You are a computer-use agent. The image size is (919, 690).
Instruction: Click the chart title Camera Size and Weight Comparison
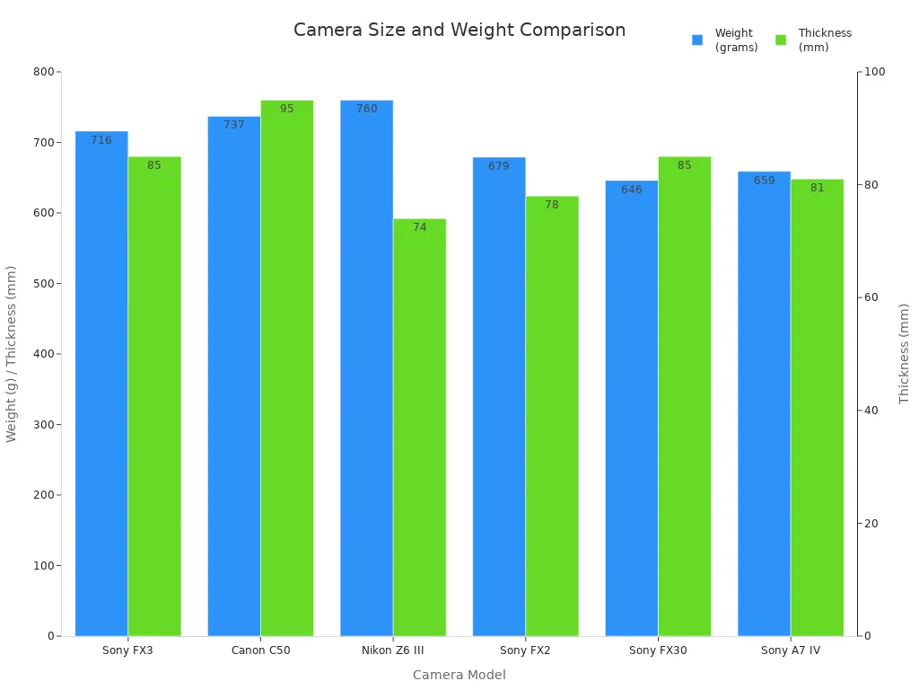(459, 30)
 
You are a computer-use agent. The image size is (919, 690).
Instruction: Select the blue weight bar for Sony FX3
(101, 386)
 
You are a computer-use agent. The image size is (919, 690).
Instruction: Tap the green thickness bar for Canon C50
(287, 368)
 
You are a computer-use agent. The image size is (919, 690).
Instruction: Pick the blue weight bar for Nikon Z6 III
(366, 368)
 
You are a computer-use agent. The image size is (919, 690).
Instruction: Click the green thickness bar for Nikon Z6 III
(419, 428)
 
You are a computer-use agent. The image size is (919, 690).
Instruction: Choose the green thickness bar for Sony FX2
(552, 416)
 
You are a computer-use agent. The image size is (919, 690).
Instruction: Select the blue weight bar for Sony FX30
(631, 409)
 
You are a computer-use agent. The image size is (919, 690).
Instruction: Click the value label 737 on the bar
(234, 125)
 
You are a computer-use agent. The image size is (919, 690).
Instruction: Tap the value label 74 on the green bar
(419, 227)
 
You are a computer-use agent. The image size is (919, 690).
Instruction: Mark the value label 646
(631, 190)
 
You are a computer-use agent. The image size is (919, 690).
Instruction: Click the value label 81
(817, 188)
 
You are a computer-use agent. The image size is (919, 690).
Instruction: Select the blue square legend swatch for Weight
(697, 40)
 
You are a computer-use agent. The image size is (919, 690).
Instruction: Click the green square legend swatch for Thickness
(781, 40)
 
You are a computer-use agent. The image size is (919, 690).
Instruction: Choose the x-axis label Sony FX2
(525, 650)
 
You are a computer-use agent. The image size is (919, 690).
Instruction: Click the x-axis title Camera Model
(459, 675)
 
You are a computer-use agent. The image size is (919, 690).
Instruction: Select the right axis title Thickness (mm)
(904, 353)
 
